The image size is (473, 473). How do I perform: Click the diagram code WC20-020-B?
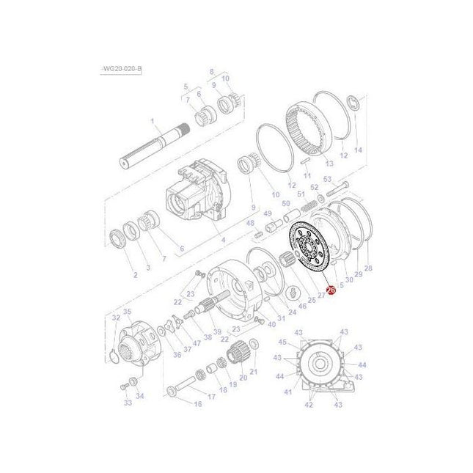click(122, 68)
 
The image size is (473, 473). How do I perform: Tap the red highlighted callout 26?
click(330, 291)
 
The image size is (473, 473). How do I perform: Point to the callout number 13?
click(329, 164)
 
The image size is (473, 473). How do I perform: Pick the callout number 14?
click(358, 150)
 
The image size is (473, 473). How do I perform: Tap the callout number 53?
click(327, 179)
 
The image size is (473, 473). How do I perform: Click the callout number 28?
click(367, 268)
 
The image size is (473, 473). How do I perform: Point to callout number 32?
click(115, 318)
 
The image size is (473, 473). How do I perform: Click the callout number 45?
click(282, 342)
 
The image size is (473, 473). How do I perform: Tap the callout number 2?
click(135, 275)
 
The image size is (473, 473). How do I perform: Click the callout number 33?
click(128, 403)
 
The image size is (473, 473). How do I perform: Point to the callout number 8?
click(211, 71)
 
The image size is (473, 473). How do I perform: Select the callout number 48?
click(250, 222)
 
